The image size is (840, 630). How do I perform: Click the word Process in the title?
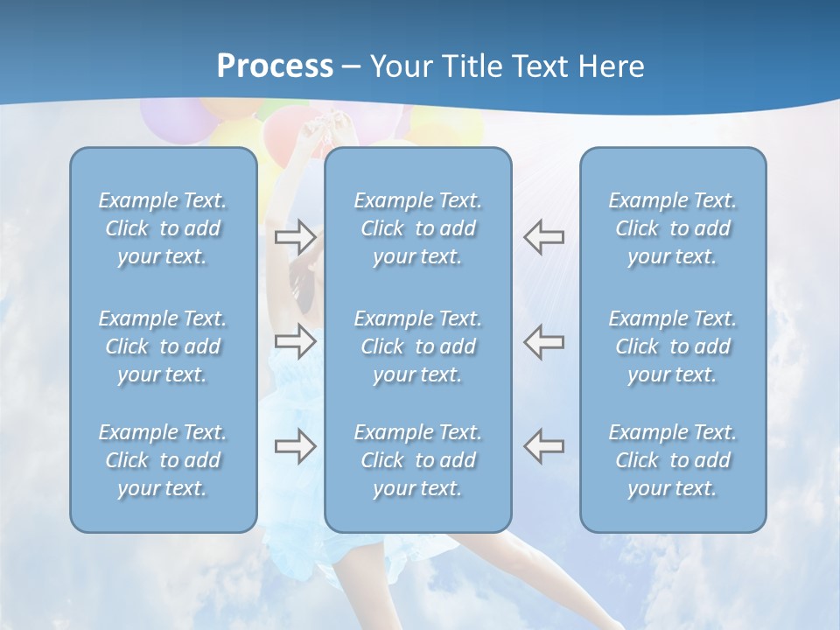coord(275,66)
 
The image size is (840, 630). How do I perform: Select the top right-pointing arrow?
coord(295,236)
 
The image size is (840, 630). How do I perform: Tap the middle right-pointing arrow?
coord(295,340)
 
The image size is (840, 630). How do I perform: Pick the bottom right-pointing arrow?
coord(295,446)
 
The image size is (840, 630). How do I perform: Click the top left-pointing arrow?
coord(543,236)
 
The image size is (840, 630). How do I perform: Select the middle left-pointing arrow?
coord(543,340)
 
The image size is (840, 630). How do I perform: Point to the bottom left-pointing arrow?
coord(543,446)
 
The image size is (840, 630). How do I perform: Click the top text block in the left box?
coord(163,228)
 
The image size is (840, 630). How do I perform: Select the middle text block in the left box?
coord(163,346)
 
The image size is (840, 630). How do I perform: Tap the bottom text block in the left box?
coord(163,460)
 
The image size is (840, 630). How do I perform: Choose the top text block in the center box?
coord(417,228)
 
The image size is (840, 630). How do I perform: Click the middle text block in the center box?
coord(417,346)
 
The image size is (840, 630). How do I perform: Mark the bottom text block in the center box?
coord(417,460)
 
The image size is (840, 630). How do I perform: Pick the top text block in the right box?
coord(672,228)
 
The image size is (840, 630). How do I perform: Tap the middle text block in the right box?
coord(672,346)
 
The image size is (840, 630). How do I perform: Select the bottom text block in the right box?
coord(672,460)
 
